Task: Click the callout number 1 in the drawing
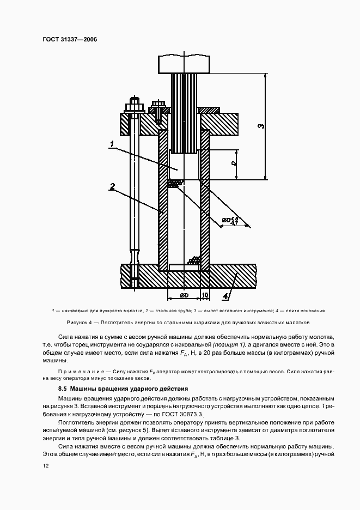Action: click(111, 144)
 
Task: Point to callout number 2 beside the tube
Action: click(111, 187)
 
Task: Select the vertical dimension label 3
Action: click(261, 126)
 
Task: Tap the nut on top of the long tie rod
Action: click(133, 106)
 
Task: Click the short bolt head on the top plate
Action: click(159, 105)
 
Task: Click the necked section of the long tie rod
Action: click(134, 255)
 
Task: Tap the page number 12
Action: click(44, 465)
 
